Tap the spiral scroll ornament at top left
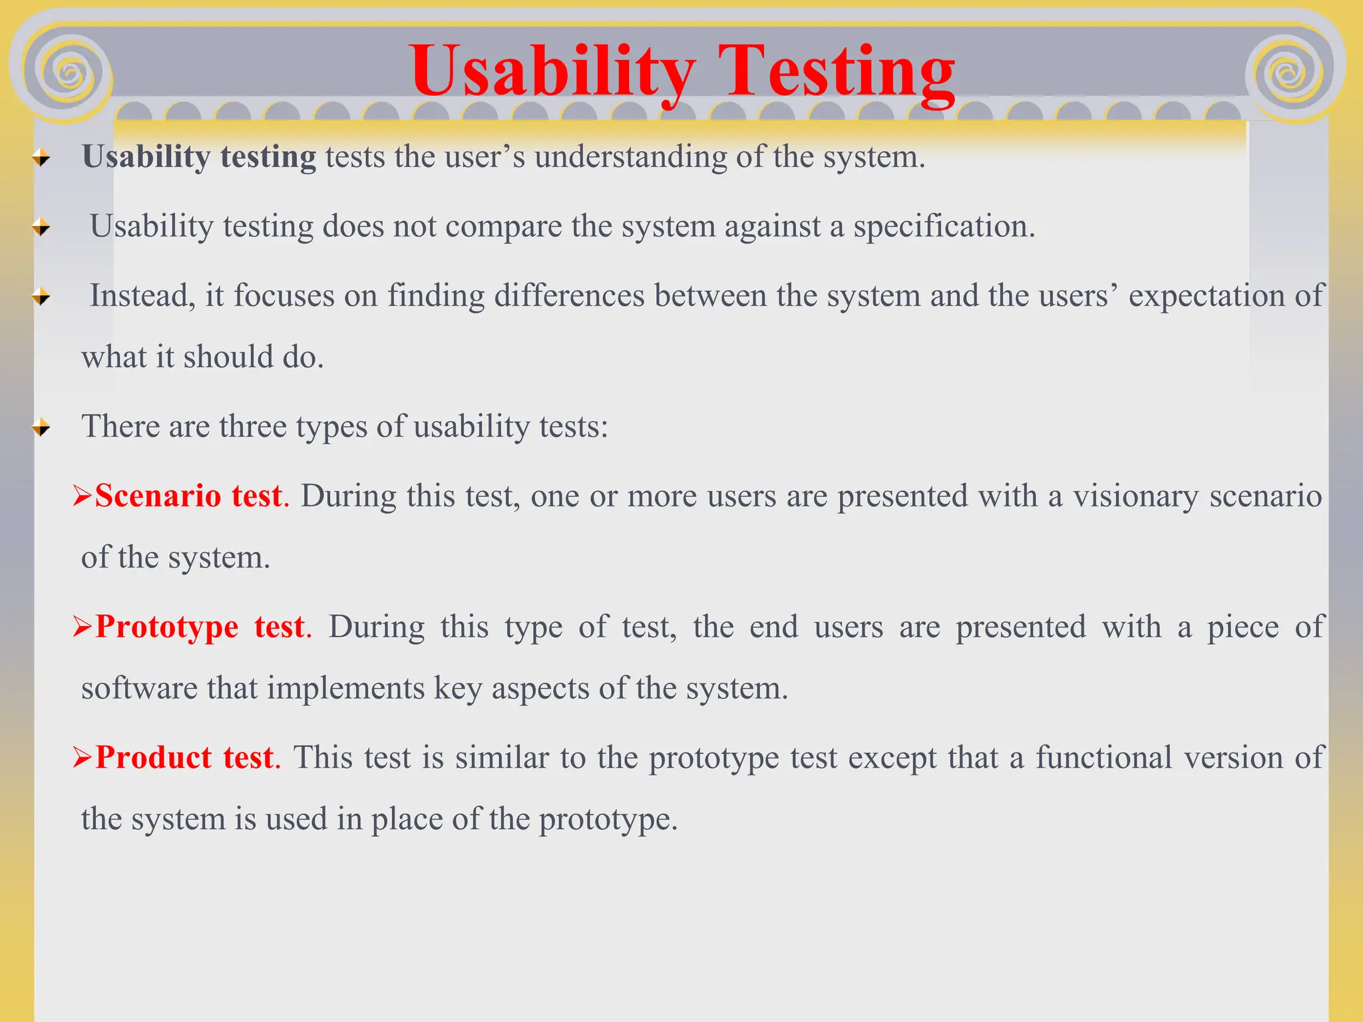pyautogui.click(x=69, y=73)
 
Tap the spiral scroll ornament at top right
pyautogui.click(x=1289, y=73)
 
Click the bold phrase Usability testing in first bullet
pyautogui.click(x=199, y=158)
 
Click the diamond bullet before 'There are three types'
pyautogui.click(x=41, y=427)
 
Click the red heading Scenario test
pyautogui.click(x=188, y=496)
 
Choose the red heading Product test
pyautogui.click(x=184, y=758)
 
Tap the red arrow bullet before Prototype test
pyautogui.click(x=82, y=627)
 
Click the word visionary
pyautogui.click(x=1135, y=496)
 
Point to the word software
pyautogui.click(x=139, y=689)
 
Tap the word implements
pyautogui.click(x=345, y=689)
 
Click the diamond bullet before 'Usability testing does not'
pyautogui.click(x=41, y=228)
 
